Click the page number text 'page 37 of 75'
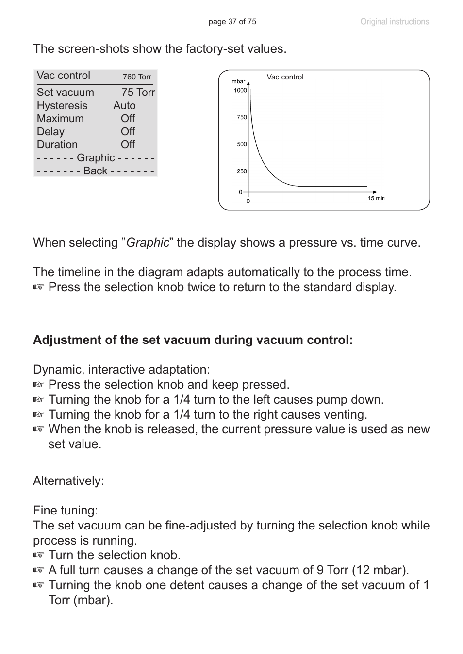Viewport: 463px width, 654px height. click(x=232, y=22)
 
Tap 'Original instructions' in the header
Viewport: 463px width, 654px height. click(x=395, y=22)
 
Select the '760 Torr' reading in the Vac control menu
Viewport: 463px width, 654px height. click(x=137, y=77)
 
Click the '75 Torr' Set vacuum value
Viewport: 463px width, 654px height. click(x=138, y=93)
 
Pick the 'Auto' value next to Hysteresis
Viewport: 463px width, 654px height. click(x=124, y=106)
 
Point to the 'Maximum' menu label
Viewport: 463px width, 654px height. click(x=60, y=119)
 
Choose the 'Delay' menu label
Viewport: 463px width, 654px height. click(x=50, y=132)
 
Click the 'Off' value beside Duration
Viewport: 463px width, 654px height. click(x=128, y=145)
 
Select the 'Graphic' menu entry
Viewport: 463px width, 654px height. click(x=96, y=158)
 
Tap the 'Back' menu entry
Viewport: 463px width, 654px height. click(x=95, y=171)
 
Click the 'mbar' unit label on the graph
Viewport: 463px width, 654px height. click(x=238, y=81)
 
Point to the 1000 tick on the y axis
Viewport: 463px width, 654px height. click(x=240, y=90)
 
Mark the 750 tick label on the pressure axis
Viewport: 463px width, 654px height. click(x=242, y=117)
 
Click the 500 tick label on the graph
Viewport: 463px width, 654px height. click(x=242, y=144)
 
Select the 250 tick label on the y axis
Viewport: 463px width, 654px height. click(x=242, y=171)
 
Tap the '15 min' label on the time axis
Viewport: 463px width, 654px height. click(x=376, y=198)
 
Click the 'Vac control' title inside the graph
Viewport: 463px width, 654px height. click(x=285, y=77)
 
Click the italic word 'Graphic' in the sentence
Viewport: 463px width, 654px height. click(x=148, y=243)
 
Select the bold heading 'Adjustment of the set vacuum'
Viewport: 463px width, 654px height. click(x=193, y=340)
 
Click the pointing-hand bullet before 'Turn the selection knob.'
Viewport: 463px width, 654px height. click(x=39, y=555)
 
